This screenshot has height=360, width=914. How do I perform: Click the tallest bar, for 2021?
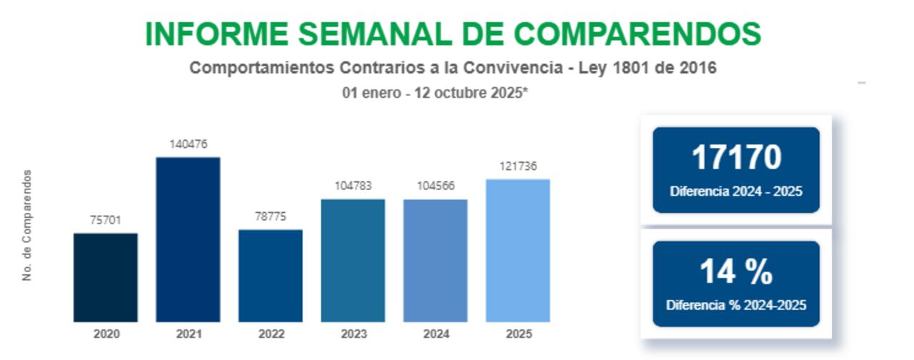188,239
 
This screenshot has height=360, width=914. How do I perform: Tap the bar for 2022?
271,276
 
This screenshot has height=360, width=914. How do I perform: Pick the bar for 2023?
353,260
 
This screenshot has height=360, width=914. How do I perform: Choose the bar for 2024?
436,260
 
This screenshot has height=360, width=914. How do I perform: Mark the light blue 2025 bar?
518,250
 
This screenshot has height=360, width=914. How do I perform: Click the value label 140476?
189,144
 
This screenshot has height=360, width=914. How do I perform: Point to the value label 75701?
106,221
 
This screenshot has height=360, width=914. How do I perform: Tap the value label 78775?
271,216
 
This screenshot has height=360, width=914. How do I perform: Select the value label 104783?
353,186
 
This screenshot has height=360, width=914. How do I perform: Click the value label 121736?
518,166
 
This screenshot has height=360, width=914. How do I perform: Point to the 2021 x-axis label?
189,334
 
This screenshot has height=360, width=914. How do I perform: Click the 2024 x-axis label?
436,334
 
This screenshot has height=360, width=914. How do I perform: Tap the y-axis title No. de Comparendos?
28,225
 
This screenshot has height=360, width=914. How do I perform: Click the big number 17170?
736,158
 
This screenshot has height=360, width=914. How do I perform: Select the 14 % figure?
736,272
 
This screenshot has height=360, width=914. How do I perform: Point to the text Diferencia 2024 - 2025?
736,191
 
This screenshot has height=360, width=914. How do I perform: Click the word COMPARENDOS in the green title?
637,34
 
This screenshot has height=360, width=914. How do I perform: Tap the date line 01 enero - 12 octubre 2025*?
435,93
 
